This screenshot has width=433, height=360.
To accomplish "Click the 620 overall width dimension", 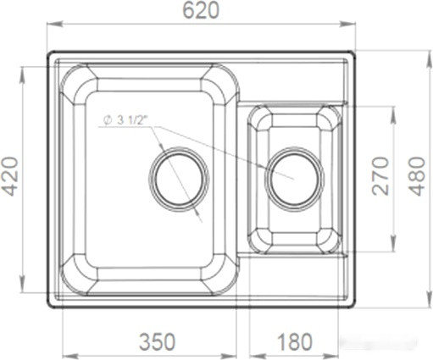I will point(202,10).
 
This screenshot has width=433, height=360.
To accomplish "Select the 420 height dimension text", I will point(9,176).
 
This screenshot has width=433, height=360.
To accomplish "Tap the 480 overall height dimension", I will point(419,176).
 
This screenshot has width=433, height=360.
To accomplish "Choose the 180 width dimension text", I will point(295,342).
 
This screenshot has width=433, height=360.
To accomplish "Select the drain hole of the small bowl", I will point(294,179).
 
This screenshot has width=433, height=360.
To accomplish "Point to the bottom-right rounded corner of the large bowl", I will point(222,274).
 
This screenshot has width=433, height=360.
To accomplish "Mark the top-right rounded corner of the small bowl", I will point(330,119).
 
